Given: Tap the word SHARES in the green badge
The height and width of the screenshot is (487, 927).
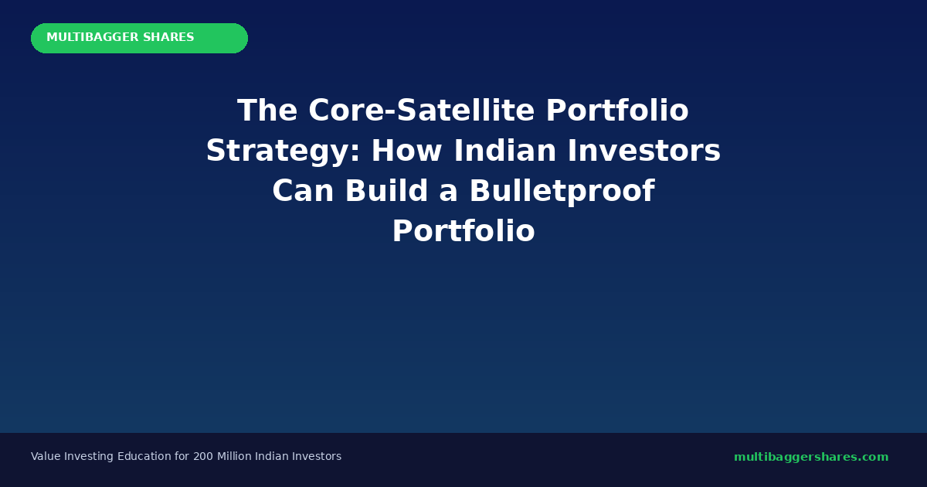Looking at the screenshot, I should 168,38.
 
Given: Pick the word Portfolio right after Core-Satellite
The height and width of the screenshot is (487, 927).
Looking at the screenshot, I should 617,111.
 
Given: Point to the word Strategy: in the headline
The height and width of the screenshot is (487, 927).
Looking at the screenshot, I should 283,152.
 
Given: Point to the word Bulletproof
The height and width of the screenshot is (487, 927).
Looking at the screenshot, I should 562,192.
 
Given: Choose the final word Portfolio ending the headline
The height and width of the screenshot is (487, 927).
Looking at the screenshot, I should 463,232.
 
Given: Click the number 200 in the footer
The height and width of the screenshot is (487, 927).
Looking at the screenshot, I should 203,457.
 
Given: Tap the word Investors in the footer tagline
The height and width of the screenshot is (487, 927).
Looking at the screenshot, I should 317,457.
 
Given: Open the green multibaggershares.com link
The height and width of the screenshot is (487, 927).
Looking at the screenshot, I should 811,457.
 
